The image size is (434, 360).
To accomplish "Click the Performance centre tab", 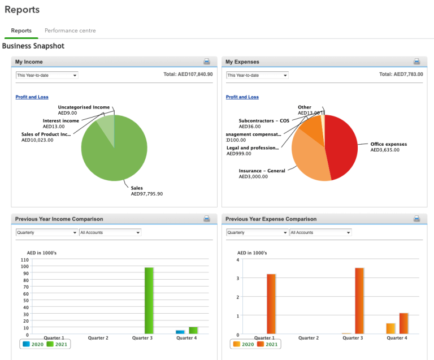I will (x=70, y=31).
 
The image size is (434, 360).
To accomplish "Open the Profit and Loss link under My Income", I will (x=32, y=97).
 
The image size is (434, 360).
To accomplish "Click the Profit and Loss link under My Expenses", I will (x=242, y=97).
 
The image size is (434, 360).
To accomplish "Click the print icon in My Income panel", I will (x=207, y=62).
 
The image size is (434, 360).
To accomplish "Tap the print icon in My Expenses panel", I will (x=417, y=62).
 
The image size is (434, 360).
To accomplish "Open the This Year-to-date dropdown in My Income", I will (x=47, y=75).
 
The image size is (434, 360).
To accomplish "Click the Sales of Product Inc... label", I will (x=46, y=135).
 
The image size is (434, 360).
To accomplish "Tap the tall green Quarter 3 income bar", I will (x=149, y=300).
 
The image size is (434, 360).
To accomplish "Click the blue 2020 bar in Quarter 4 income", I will (x=180, y=332).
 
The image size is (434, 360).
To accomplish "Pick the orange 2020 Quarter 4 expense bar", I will (x=390, y=328).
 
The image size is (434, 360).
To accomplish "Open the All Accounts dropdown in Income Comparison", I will (x=110, y=232).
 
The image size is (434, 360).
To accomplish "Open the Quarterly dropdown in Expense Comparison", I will (x=257, y=232).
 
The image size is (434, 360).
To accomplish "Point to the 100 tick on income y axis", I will (x=24, y=259).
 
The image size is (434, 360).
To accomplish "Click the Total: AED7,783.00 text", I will (x=401, y=74).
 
